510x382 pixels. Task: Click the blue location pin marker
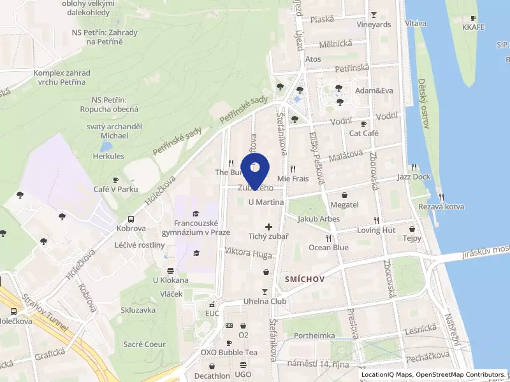coord(255,169)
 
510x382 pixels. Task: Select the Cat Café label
coord(364,133)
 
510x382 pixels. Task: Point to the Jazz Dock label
coord(413,176)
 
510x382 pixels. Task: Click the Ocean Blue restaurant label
coord(328,247)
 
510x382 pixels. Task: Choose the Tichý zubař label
coord(268,236)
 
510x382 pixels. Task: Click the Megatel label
coord(345,204)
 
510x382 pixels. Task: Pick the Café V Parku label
coord(115,189)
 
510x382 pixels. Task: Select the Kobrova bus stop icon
coord(131,218)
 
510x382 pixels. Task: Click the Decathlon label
coord(212,376)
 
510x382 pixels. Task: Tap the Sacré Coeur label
coord(144,344)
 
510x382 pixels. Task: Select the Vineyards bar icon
coord(374,15)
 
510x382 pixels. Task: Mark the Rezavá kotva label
coord(441,206)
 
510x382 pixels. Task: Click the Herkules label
coord(108,156)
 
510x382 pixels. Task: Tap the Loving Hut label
coord(376,230)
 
